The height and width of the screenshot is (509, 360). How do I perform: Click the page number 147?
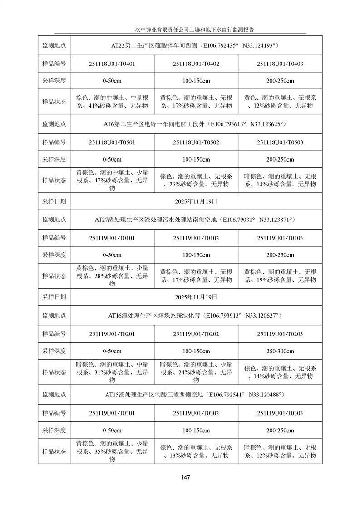click(184, 477)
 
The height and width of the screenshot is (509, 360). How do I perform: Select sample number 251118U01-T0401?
click(112, 64)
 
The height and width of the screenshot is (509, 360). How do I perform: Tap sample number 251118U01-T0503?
click(280, 142)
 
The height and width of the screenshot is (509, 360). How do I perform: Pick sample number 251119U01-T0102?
click(196, 238)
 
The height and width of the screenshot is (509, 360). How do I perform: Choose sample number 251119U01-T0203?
click(280, 334)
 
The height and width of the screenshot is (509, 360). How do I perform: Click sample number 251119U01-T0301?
click(112, 413)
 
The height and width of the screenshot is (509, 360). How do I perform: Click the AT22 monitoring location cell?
click(196, 45)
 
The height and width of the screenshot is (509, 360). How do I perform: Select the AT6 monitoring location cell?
click(196, 123)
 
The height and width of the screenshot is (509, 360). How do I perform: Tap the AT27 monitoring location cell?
click(196, 220)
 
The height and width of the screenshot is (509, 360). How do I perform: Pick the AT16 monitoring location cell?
click(196, 315)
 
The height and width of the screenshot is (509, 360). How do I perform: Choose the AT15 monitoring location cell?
click(196, 395)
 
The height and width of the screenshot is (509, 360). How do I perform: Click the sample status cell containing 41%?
click(112, 102)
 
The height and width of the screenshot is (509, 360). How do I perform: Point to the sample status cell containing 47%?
click(112, 180)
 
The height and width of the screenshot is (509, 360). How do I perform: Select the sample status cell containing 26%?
click(196, 180)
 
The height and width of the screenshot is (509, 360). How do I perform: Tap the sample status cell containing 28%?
click(112, 276)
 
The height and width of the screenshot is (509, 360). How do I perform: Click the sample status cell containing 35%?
click(112, 451)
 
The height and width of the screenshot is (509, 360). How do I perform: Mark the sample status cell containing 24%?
click(196, 372)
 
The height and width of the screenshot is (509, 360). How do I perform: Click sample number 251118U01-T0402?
click(196, 64)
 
